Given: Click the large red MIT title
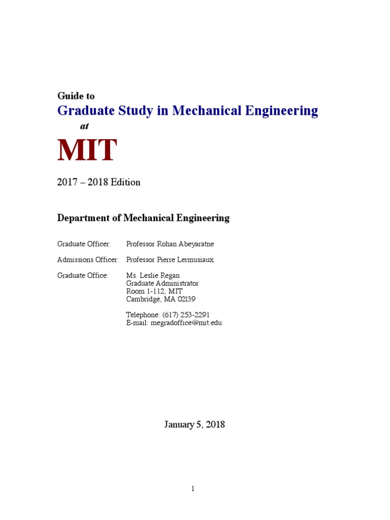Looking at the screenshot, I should coord(87,150).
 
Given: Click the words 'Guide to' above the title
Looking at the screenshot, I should coord(76,95).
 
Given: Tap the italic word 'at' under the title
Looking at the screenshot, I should coord(84,126).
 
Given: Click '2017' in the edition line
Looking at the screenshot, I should coord(68,182).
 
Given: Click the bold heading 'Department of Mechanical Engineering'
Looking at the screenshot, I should coord(143,218).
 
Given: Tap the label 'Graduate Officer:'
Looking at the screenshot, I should coord(83,244).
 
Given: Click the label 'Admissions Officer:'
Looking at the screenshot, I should coord(88,259).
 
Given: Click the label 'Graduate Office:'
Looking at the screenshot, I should coord(83,275).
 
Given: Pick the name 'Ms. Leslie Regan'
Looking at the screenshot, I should coord(153,275).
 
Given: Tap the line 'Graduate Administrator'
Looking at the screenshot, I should coord(162,283).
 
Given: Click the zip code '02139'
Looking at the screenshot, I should coord(185,299).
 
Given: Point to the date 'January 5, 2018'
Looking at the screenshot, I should coord(194,425).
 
